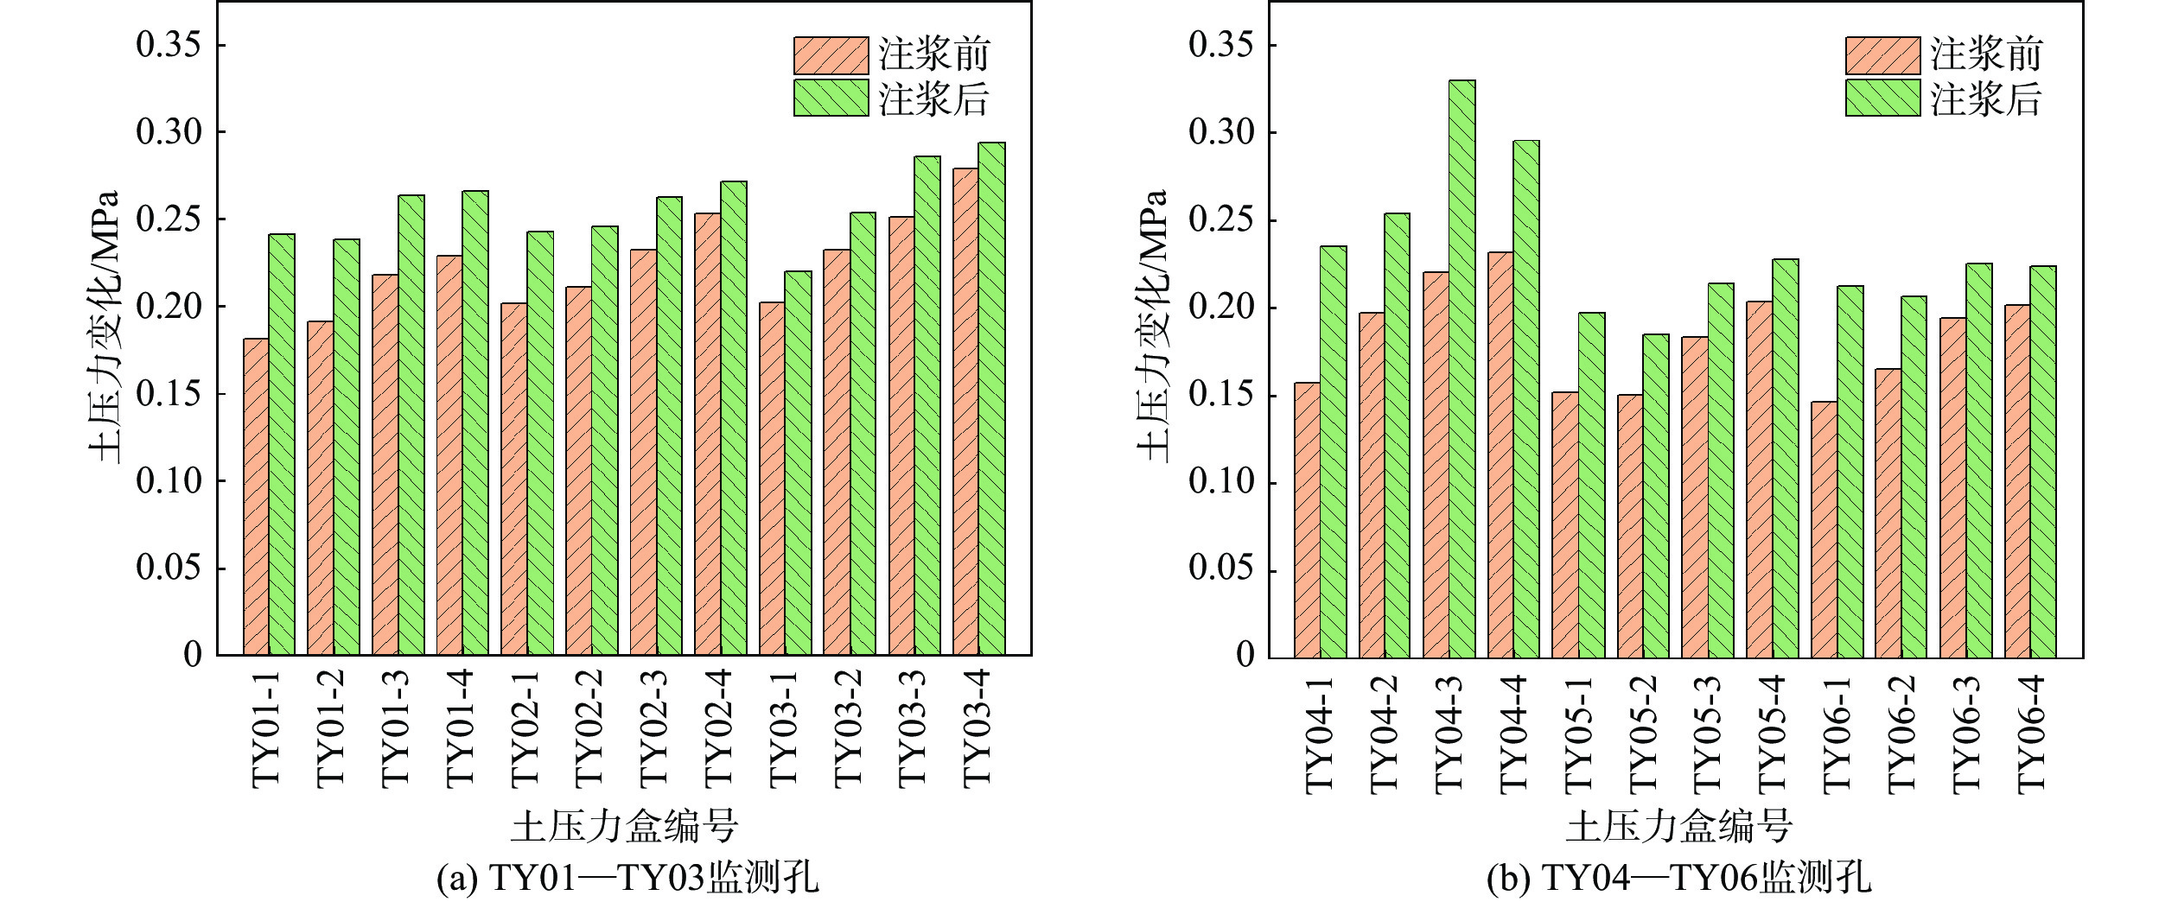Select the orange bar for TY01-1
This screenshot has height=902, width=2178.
256,497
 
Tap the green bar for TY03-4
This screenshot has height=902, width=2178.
992,399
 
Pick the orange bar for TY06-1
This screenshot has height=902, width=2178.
1825,530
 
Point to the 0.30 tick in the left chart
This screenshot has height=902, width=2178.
169,132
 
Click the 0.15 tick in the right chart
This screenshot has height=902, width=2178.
1220,395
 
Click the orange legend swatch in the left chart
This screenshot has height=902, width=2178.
831,55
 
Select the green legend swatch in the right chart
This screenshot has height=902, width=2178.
1882,98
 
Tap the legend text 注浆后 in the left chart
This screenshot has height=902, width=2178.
934,99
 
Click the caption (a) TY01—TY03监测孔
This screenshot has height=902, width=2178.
627,879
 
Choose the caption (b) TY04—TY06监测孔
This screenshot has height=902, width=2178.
1678,879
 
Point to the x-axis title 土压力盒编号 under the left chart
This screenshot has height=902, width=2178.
625,827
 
